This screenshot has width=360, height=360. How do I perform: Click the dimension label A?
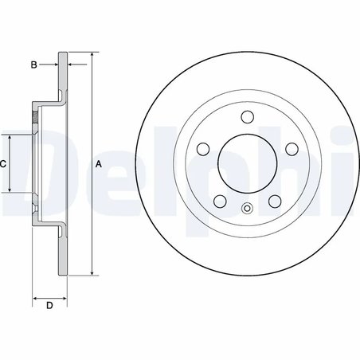point(98,164)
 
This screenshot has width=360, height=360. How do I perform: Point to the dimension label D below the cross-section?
point(49,306)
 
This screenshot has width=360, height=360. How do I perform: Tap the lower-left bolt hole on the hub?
point(218,202)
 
